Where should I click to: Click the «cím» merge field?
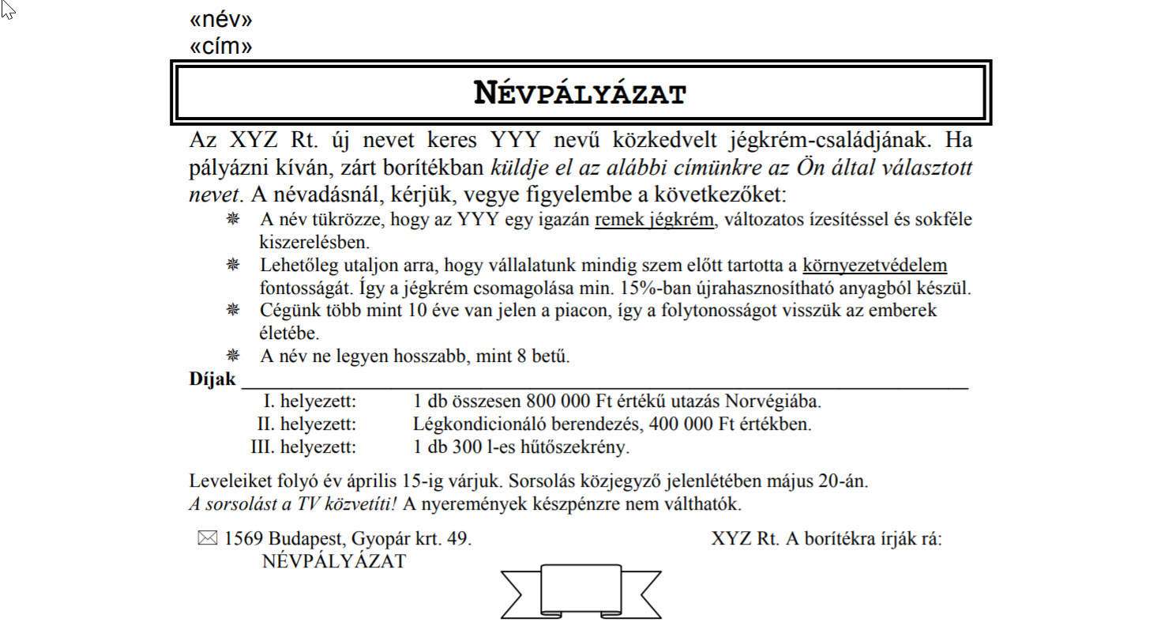[221, 47]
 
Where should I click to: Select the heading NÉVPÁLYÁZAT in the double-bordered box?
[580, 93]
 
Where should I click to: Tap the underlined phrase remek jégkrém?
[654, 221]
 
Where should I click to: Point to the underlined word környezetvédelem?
[874, 265]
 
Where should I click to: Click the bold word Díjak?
[212, 379]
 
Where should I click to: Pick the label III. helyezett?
[303, 447]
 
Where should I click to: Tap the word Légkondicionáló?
[474, 424]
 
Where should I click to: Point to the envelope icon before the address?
[206, 539]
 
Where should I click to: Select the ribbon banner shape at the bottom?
[580, 590]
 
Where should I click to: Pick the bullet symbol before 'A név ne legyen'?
[233, 356]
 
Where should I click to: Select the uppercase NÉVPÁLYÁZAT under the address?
[333, 562]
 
